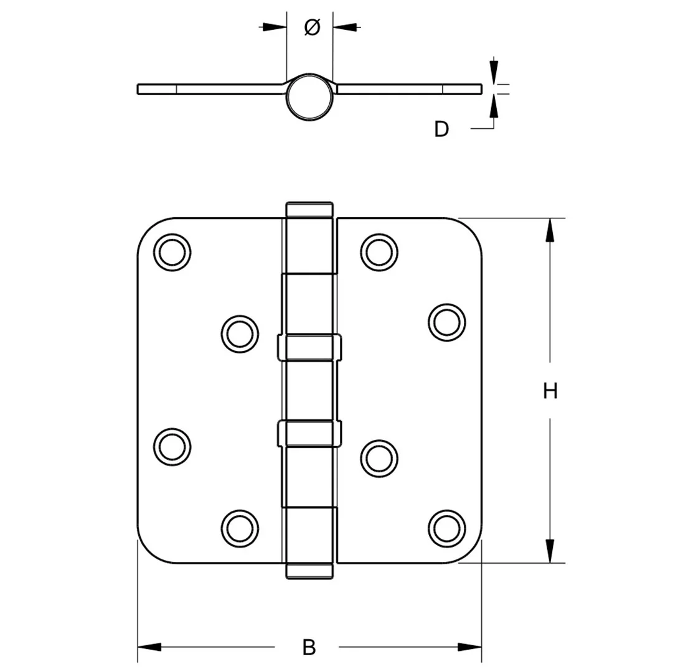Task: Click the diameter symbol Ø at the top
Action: pyautogui.click(x=312, y=27)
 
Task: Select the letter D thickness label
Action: pyautogui.click(x=441, y=129)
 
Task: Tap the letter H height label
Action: pyautogui.click(x=550, y=391)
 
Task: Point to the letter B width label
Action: pyautogui.click(x=309, y=647)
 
